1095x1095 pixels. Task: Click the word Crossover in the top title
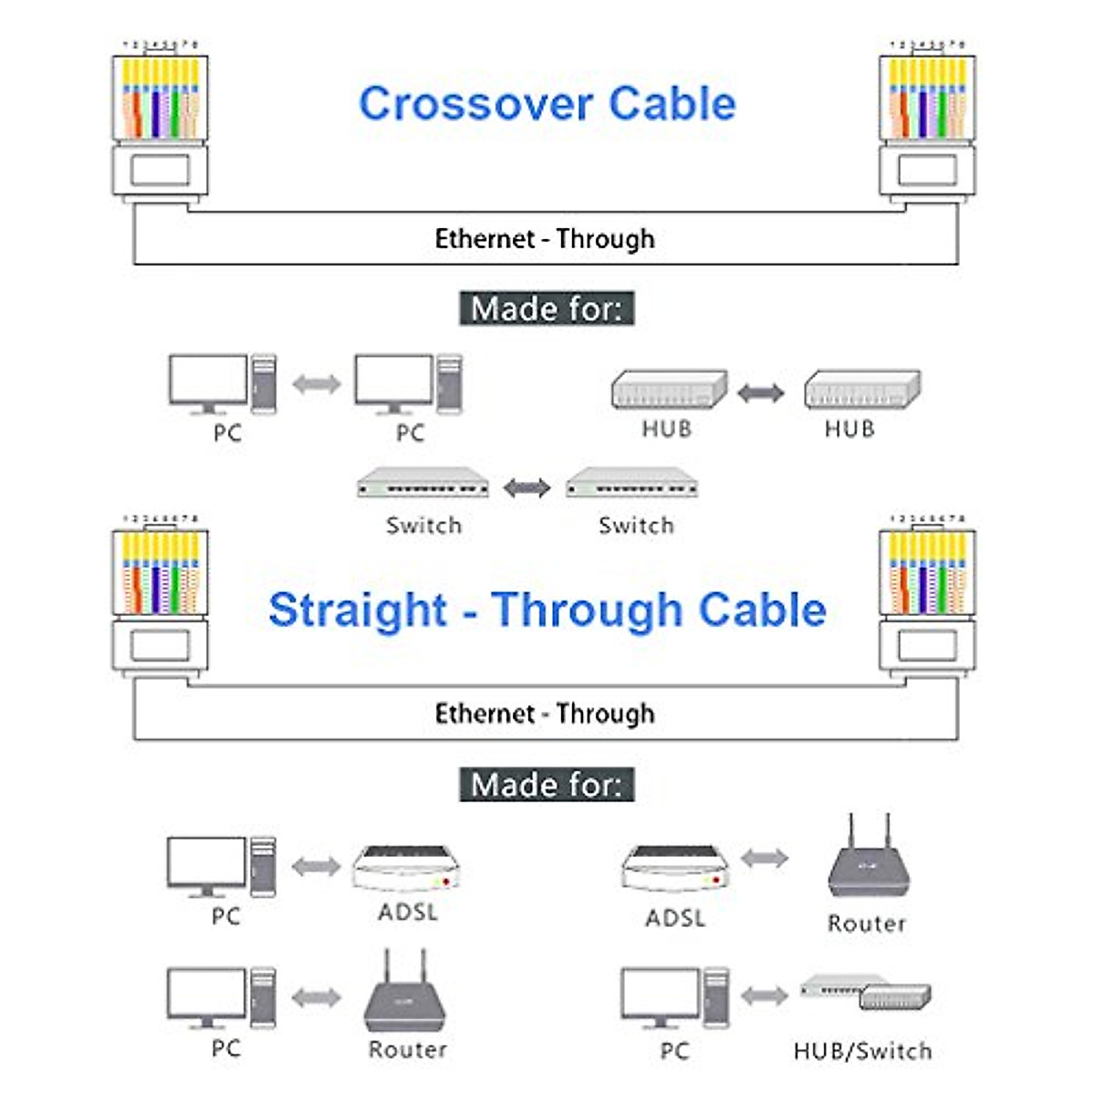(x=474, y=103)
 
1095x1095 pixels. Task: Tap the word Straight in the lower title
(x=357, y=610)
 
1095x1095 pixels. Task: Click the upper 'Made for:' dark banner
(x=546, y=308)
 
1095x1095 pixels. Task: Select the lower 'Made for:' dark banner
(x=546, y=785)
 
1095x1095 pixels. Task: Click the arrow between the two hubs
(x=760, y=393)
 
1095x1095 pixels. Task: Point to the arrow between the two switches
(x=527, y=487)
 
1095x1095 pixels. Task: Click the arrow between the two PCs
(x=316, y=384)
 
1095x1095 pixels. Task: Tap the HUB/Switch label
(x=862, y=1051)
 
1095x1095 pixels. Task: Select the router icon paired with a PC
(x=405, y=994)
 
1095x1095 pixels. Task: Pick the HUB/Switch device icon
(x=867, y=992)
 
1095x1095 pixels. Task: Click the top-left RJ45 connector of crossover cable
(x=160, y=119)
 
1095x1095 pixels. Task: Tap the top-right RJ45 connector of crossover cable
(x=927, y=119)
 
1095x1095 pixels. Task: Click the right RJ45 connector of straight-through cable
(x=927, y=598)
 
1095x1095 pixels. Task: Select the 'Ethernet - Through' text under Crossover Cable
(x=545, y=239)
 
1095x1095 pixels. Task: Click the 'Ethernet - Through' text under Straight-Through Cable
(x=545, y=714)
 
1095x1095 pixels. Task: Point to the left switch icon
(x=422, y=483)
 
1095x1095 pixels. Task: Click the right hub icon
(x=861, y=390)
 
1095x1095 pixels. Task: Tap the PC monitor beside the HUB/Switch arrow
(x=661, y=996)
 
